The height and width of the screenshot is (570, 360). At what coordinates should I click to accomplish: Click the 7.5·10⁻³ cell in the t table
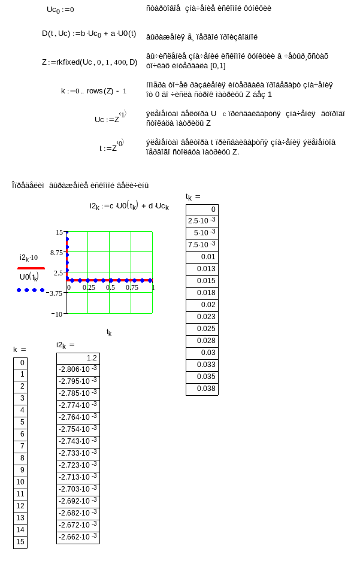click(x=202, y=245)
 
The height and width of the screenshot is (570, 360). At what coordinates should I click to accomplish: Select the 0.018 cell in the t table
click(x=202, y=293)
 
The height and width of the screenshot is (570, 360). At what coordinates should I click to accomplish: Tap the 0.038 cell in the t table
click(x=202, y=389)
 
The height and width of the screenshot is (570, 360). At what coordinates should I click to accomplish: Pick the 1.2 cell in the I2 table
click(x=78, y=358)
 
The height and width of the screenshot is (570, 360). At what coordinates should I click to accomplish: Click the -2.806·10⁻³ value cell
click(x=78, y=370)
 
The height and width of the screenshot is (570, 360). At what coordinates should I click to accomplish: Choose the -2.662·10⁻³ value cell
click(x=78, y=538)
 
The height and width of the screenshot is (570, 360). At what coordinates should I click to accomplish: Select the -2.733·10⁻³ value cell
click(x=78, y=454)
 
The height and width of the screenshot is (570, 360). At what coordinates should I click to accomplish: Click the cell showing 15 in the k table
click(x=20, y=542)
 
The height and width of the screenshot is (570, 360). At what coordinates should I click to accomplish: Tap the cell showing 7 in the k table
click(x=20, y=447)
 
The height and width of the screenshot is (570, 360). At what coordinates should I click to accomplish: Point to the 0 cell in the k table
click(x=20, y=363)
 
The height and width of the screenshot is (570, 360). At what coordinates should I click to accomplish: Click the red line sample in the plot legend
click(x=31, y=268)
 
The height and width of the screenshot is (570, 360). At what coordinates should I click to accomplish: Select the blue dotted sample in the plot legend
click(x=31, y=290)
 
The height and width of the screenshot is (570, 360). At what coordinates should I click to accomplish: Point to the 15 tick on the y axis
click(x=59, y=232)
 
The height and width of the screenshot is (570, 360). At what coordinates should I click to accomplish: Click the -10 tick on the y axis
click(x=58, y=314)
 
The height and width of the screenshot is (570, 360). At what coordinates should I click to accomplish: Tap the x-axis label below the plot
click(x=108, y=332)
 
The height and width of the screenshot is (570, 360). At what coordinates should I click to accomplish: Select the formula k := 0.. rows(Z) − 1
click(x=94, y=91)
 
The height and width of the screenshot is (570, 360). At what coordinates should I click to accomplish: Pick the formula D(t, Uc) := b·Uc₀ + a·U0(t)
click(x=89, y=34)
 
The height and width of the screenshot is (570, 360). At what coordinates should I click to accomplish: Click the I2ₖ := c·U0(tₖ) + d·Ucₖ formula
click(x=129, y=206)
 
